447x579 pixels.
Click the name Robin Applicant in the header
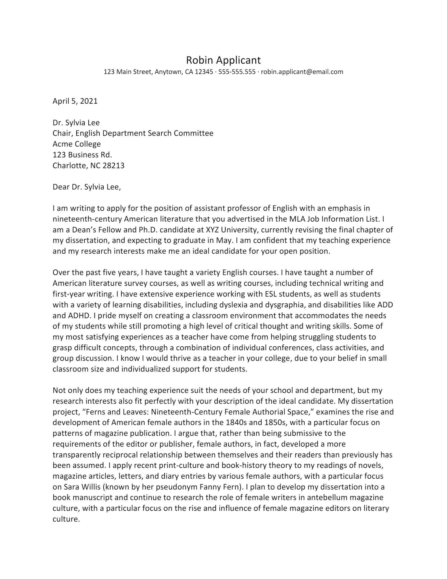[223, 60]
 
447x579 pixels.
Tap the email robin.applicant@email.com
[302, 72]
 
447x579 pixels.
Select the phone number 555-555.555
[237, 72]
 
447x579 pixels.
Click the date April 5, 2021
[75, 101]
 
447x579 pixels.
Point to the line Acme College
[77, 144]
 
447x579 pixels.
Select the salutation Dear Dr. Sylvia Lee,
[86, 187]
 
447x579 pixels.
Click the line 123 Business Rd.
[82, 155]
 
